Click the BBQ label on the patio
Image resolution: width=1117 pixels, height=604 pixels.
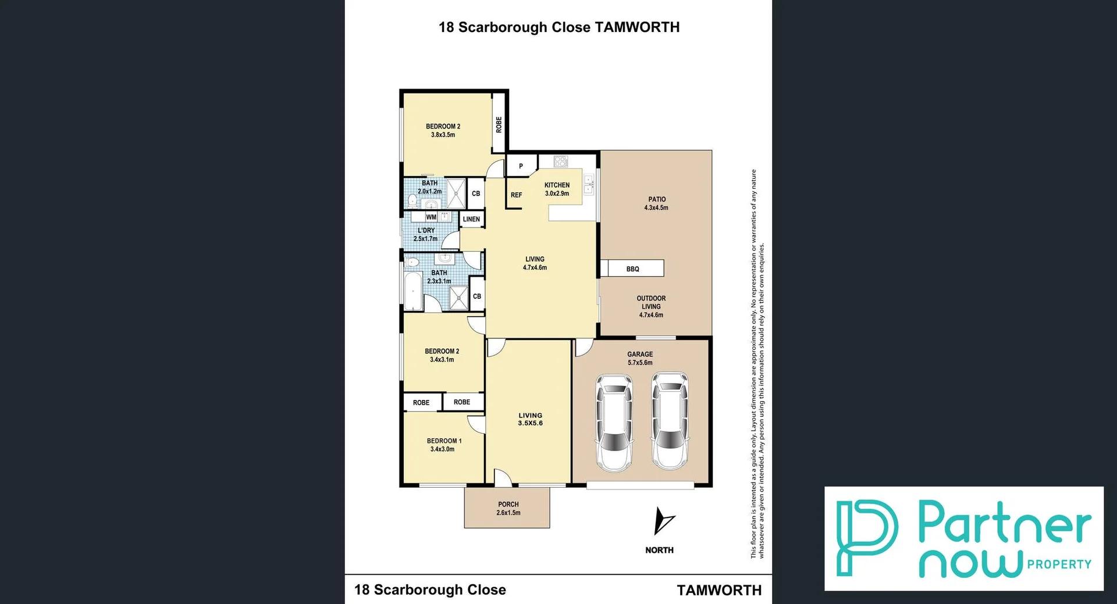pos(632,269)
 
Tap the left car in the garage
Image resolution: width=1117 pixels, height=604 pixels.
pos(614,423)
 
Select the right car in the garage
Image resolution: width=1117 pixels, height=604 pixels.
pos(670,421)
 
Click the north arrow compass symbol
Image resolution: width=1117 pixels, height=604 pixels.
pos(662,521)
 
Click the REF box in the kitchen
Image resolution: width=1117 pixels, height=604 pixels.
pos(516,195)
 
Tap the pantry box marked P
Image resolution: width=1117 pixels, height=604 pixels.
pos(521,166)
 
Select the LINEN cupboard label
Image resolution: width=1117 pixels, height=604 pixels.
pos(471,219)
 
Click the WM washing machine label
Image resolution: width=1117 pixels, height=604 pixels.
pos(431,217)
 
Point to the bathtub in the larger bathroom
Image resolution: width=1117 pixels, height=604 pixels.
pos(413,292)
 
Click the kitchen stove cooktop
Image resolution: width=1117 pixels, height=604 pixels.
pos(560,161)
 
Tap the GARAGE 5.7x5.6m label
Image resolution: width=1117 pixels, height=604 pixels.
pos(640,358)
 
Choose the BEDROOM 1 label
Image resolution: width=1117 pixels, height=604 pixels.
pos(444,445)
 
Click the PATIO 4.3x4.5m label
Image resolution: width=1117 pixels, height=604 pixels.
pos(657,203)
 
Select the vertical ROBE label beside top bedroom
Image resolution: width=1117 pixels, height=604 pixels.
pos(499,125)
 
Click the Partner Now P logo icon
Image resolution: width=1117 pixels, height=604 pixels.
pos(866,537)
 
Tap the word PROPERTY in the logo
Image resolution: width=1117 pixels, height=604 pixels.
pos(1059,564)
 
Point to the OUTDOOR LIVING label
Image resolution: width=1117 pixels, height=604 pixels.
pos(651,306)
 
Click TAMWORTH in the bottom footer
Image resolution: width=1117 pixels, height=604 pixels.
pos(719,590)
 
